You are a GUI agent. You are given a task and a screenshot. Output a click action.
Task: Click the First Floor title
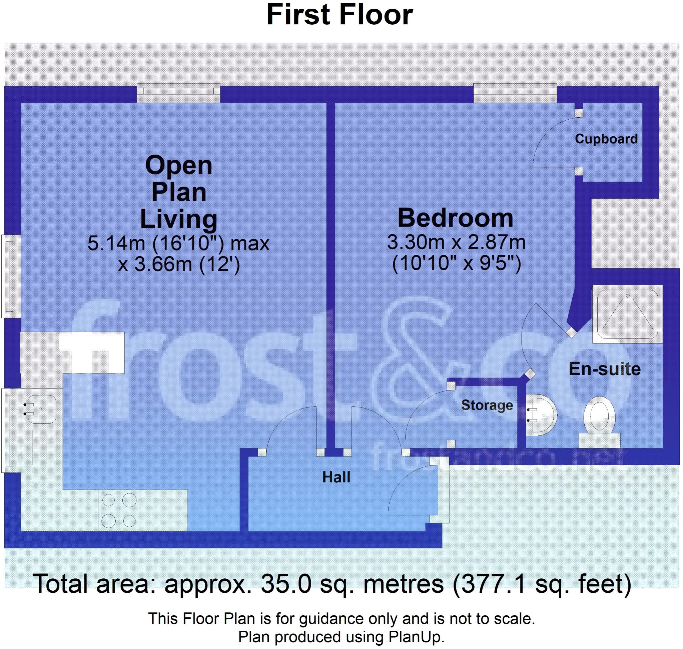(339, 16)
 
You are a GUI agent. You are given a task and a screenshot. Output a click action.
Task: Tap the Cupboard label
(606, 139)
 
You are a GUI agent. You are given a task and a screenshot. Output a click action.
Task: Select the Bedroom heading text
(455, 218)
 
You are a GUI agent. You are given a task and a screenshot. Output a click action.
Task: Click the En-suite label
(604, 369)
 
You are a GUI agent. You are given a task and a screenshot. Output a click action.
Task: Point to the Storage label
(487, 405)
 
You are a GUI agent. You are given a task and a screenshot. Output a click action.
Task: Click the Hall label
(336, 477)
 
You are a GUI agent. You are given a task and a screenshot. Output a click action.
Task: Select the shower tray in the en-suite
(627, 314)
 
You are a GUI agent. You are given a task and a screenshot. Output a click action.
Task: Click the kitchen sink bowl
(41, 409)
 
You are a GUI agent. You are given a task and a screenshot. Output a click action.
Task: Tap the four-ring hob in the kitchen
(119, 511)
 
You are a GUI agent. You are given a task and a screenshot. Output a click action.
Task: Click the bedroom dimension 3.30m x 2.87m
(456, 243)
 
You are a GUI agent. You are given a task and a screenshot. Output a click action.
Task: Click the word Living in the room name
(178, 219)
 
